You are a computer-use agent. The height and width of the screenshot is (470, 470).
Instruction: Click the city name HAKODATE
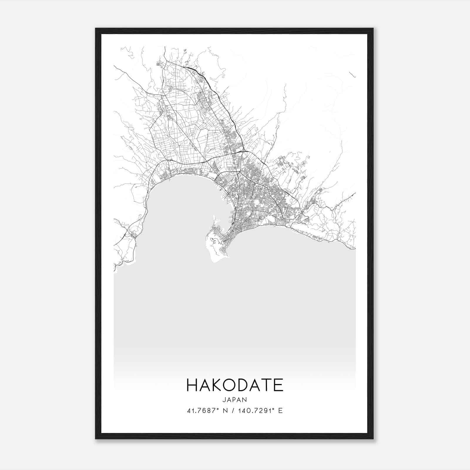[x=235, y=385]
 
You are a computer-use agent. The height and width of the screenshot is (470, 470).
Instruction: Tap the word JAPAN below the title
[x=235, y=399]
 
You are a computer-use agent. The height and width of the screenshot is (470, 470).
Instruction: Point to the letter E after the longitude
[x=280, y=411]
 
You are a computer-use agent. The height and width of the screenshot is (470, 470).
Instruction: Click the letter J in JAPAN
[x=224, y=399]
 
